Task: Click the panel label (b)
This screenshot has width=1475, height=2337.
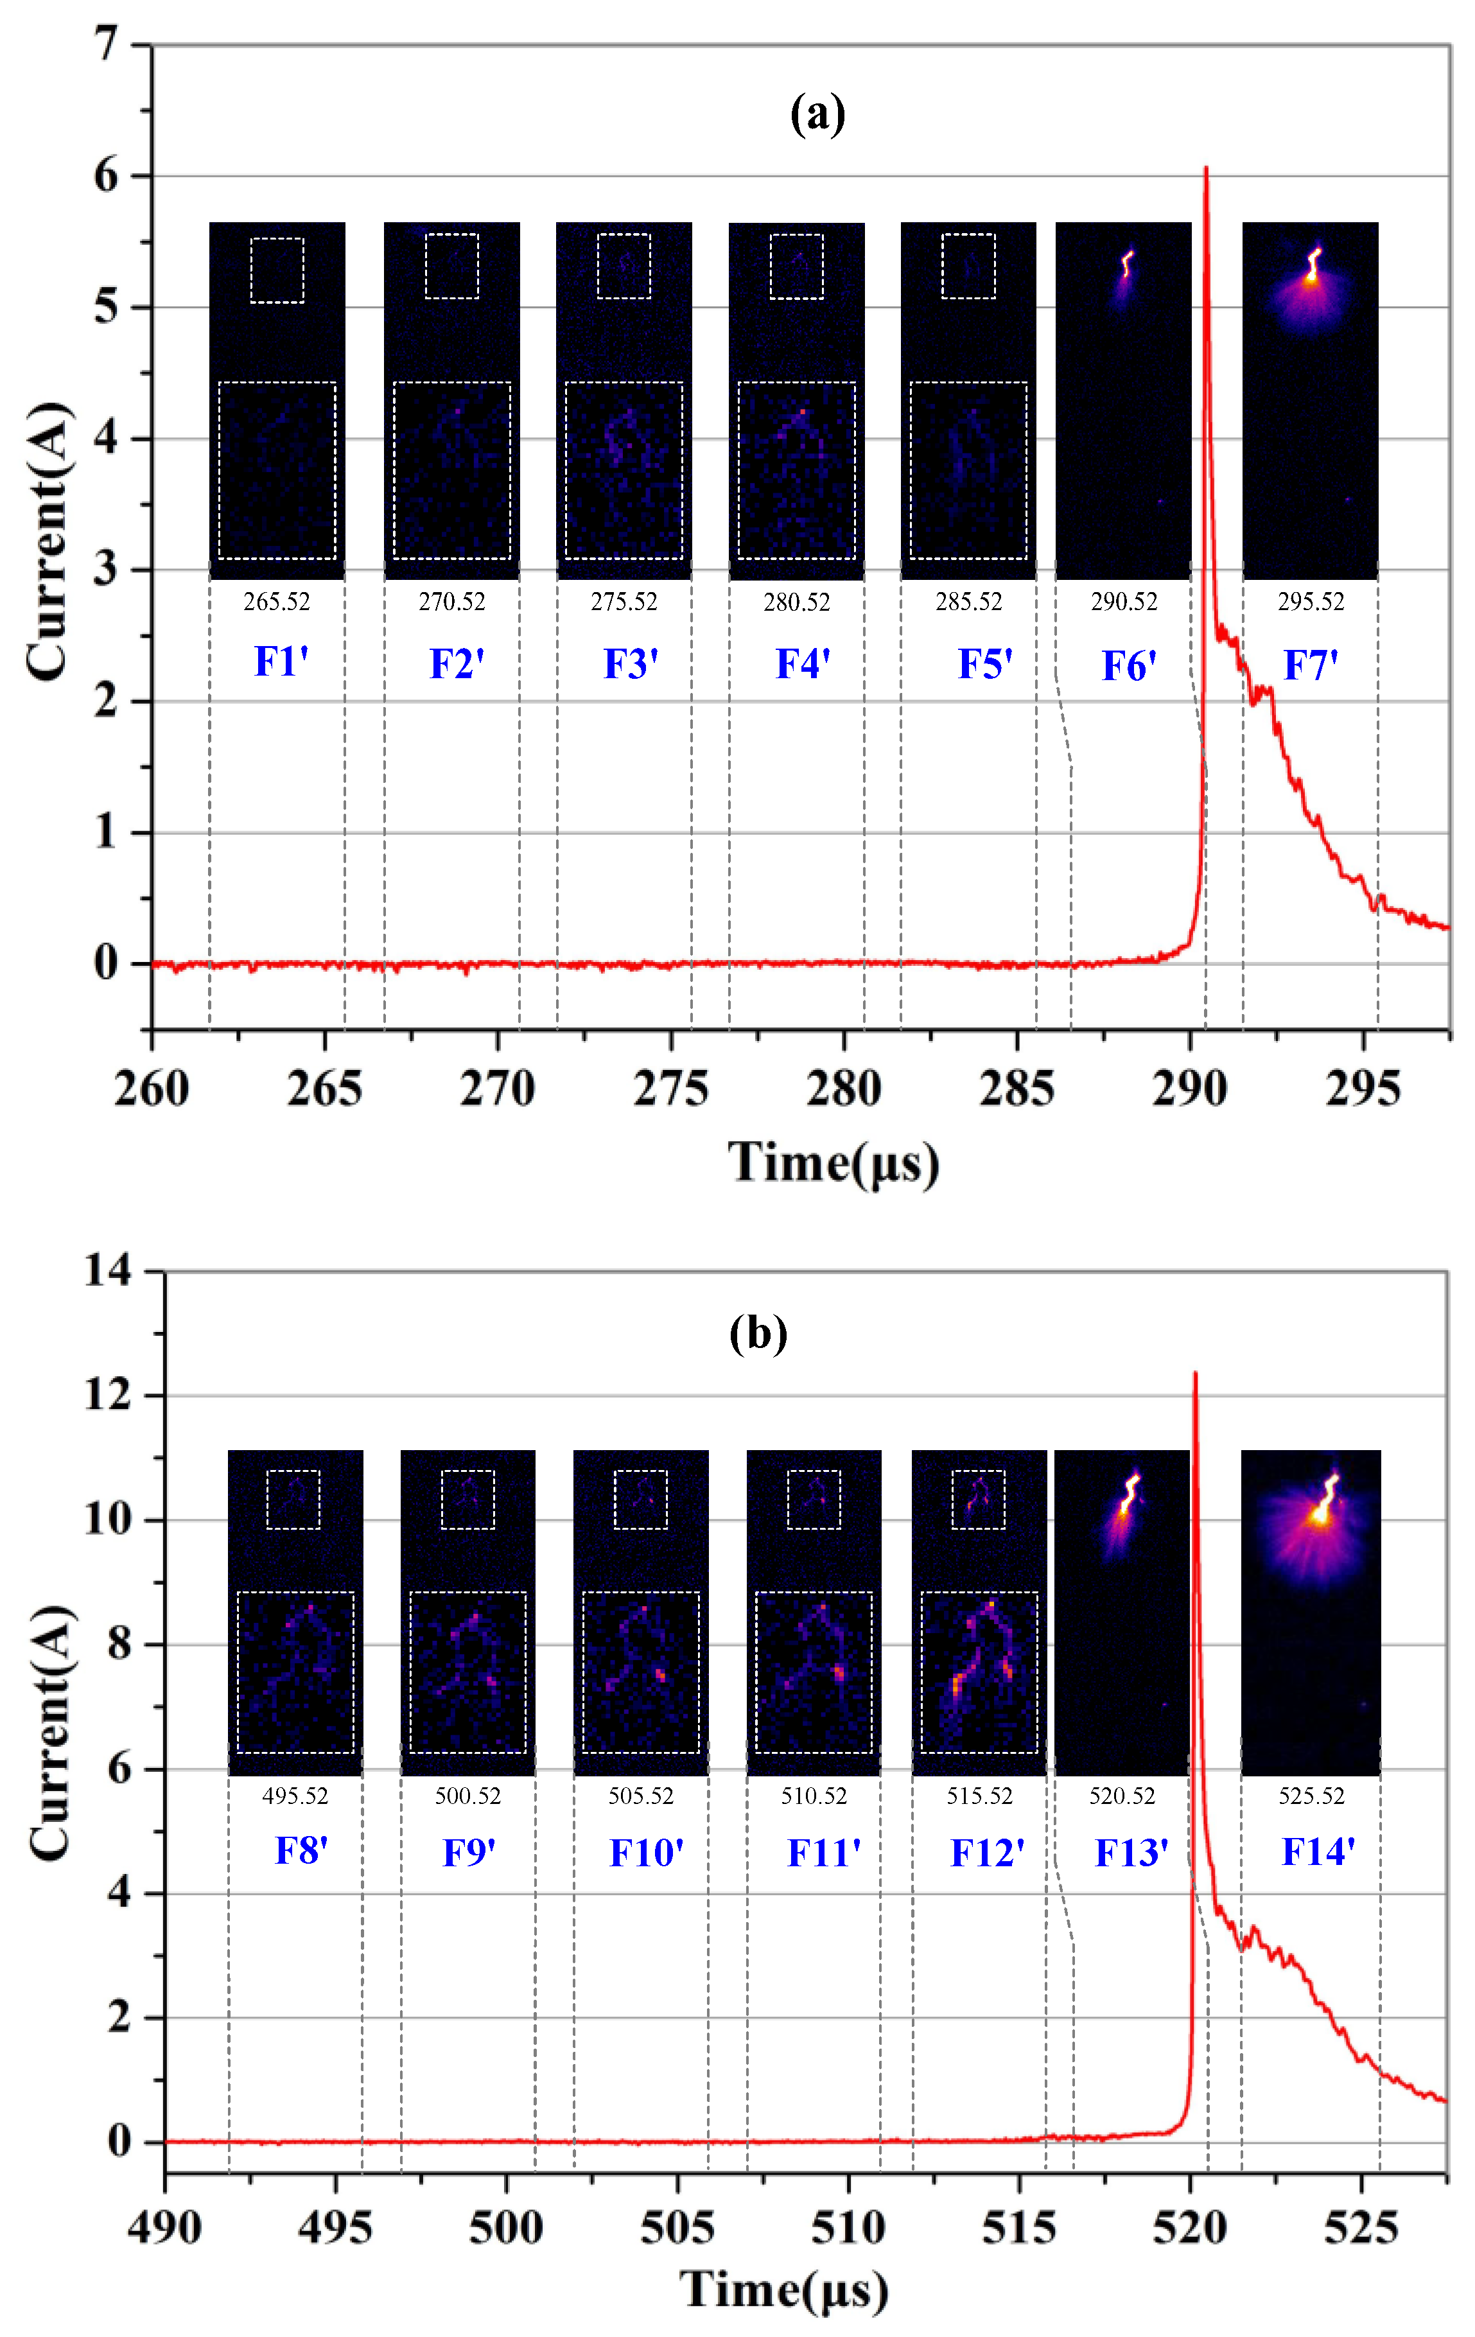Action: click(758, 1333)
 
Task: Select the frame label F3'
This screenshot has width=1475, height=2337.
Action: click(631, 664)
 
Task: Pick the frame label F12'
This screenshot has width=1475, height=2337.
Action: click(986, 1853)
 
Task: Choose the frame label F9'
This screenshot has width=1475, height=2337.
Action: click(469, 1853)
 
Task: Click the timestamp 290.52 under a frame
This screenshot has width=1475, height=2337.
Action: click(1124, 602)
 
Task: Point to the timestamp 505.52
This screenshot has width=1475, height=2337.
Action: click(640, 1796)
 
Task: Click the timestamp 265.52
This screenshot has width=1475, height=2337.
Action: click(277, 602)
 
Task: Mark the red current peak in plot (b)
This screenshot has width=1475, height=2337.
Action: click(1194, 1372)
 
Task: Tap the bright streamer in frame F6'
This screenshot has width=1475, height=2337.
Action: click(1126, 263)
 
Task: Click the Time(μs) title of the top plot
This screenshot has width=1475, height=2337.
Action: click(833, 1162)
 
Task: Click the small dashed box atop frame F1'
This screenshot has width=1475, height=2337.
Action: click(277, 270)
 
